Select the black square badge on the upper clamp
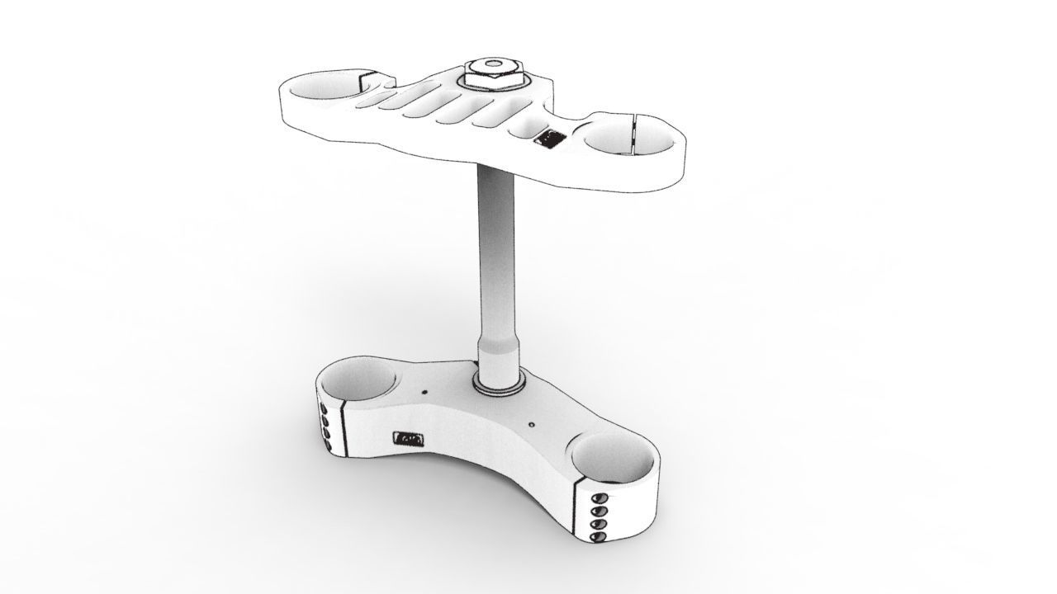tap(548, 138)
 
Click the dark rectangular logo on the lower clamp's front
tap(410, 439)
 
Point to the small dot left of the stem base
tap(424, 393)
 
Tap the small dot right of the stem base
tap(531, 426)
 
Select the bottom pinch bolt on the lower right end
tap(599, 537)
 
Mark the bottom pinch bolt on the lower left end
tap(326, 446)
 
